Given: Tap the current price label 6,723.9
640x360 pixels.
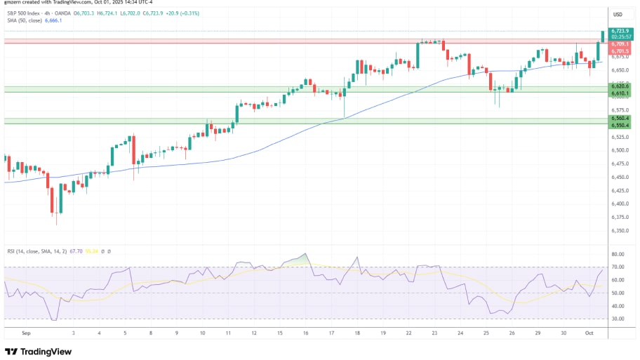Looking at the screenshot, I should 619,31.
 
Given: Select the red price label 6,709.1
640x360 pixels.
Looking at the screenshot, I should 619,44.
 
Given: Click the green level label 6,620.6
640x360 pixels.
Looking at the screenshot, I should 619,86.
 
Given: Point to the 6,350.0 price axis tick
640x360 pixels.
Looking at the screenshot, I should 619,229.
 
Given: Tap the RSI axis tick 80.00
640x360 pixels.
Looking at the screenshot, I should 618,254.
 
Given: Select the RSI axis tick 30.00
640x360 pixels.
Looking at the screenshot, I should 618,319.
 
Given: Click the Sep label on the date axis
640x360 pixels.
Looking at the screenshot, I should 27,334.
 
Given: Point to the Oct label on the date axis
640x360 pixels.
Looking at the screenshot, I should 590,334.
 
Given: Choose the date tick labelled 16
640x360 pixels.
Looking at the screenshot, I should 305,334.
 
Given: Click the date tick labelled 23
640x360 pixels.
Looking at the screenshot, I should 435,334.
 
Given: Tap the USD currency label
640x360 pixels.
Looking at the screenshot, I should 618,14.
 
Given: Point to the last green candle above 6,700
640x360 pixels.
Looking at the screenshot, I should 602,36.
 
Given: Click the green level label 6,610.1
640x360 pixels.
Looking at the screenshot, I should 619,93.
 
